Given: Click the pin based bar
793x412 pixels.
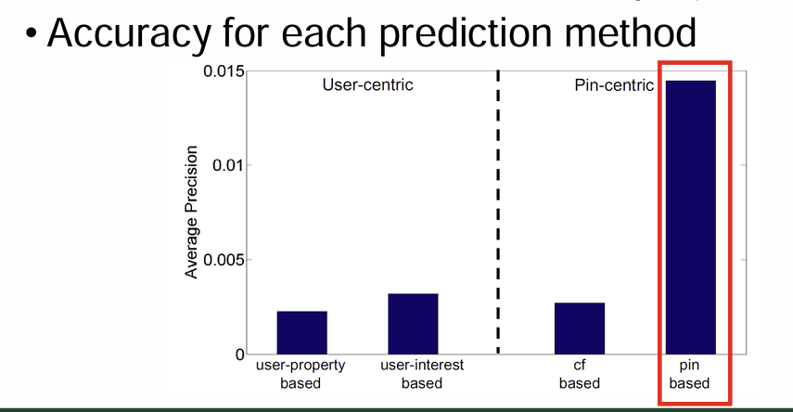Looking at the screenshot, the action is coord(690,217).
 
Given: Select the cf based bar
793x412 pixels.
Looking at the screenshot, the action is coord(580,328).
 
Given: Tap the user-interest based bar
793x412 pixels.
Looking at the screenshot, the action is coord(413,324).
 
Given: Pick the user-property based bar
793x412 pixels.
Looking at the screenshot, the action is coord(302,332).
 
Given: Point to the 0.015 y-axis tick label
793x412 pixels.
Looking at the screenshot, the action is coord(224,71).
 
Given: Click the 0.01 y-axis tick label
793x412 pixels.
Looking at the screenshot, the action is coord(228,165).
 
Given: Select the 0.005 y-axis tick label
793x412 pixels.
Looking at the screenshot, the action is coord(224,260).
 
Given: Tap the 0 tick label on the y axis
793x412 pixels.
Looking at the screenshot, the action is coord(239,354).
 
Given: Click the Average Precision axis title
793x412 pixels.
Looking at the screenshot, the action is coord(191,212).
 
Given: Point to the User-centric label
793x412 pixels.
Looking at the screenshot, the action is coord(367,84).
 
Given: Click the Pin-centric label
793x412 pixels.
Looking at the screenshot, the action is coord(614,85).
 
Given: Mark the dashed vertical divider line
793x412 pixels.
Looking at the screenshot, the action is coord(498,212).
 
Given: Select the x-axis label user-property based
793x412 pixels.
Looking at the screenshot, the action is coord(301,374).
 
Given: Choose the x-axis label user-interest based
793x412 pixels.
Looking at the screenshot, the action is coord(422,374).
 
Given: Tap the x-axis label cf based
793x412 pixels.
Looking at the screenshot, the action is coord(580,374).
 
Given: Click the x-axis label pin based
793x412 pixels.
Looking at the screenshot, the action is coord(689,374).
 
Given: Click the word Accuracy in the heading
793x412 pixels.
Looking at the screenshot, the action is coord(130,34).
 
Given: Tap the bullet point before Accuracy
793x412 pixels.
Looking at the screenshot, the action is coord(32,34).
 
